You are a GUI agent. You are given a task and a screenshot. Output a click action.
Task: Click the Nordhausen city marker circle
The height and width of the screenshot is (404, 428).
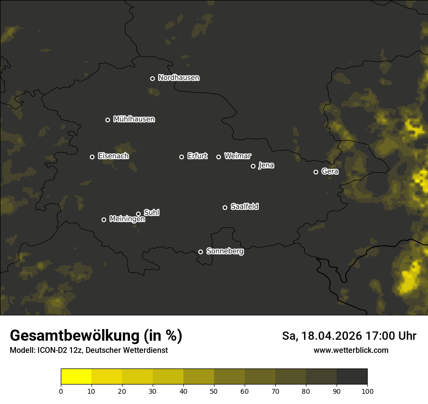click(152, 78)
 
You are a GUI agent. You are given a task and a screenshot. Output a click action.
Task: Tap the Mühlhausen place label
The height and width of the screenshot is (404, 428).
click(134, 119)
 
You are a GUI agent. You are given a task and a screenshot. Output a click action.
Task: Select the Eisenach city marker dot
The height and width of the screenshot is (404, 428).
click(92, 157)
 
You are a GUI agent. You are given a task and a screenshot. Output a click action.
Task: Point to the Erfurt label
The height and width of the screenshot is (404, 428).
click(197, 156)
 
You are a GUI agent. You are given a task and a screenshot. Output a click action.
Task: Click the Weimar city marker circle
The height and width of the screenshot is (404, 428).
click(218, 157)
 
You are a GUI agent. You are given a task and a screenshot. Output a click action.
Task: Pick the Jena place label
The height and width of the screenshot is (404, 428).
click(266, 165)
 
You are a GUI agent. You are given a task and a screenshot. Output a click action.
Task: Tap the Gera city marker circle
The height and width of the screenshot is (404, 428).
click(316, 172)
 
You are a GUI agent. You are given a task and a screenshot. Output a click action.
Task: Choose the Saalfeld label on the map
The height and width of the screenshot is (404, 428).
click(244, 207)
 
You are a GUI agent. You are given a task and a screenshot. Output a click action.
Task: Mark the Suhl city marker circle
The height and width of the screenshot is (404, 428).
click(138, 214)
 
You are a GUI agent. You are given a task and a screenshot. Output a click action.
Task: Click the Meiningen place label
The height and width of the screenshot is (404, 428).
click(127, 220)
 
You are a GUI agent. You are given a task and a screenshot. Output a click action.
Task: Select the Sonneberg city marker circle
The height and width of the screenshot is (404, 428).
click(200, 252)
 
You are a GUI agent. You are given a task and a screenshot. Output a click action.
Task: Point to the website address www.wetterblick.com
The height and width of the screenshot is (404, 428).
click(351, 350)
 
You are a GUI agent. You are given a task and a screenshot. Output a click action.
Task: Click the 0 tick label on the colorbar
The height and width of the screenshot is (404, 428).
click(61, 391)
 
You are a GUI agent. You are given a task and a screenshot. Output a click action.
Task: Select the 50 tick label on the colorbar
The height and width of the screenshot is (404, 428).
click(214, 391)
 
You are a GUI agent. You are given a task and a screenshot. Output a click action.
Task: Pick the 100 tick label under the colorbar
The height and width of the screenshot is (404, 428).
click(367, 391)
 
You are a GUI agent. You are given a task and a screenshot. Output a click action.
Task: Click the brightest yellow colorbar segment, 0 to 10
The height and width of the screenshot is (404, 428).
click(76, 377)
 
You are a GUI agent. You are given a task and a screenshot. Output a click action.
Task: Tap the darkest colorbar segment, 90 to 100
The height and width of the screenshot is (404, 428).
click(352, 377)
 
